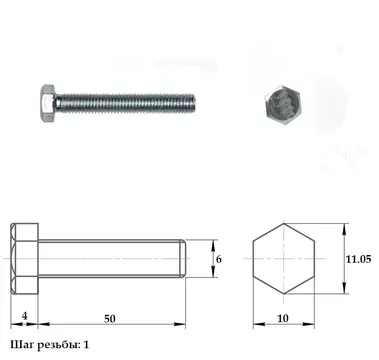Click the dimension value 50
[109, 319]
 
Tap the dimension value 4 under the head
[24, 315]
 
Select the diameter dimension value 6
[219, 259]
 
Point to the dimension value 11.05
[358, 259]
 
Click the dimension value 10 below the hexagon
[283, 318]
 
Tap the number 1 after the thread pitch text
[86, 345]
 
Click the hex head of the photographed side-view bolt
[48, 103]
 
